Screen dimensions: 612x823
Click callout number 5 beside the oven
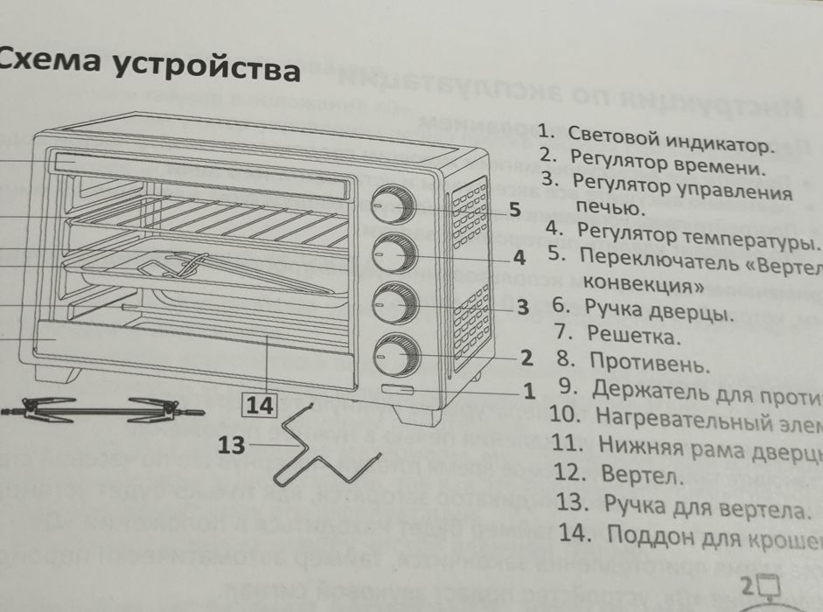tap(514, 210)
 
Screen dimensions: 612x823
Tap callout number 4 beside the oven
tap(519, 258)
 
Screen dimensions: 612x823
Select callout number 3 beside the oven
tap(522, 307)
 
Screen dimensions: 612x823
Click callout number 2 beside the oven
tap(526, 357)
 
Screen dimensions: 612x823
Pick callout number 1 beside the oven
tap(528, 391)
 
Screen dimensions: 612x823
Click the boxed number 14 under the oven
tap(260, 405)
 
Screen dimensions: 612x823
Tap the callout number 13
tap(231, 445)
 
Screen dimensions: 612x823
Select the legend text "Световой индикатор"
tap(670, 140)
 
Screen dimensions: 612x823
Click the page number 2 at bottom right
tap(748, 586)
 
